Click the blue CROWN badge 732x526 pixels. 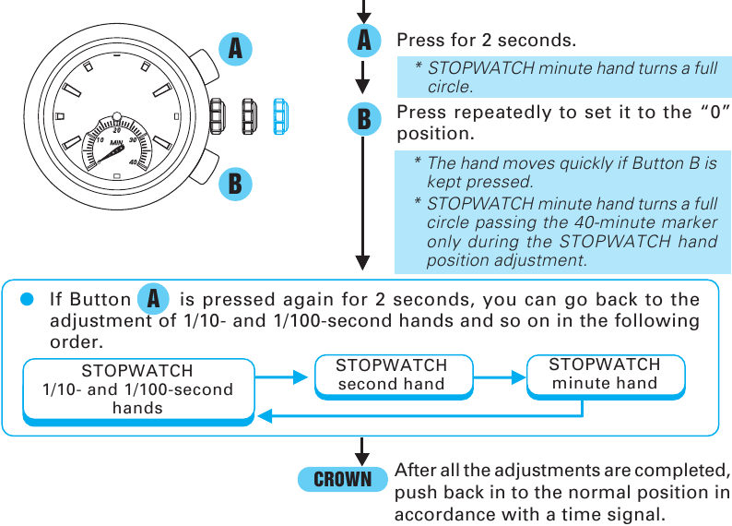click(342, 480)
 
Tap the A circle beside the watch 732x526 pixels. click(236, 48)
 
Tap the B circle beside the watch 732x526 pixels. click(235, 183)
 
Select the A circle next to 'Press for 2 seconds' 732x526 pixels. click(364, 41)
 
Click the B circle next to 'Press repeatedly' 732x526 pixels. click(364, 118)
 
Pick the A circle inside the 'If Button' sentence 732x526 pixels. click(154, 299)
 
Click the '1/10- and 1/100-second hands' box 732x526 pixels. click(137, 389)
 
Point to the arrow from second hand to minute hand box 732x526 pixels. click(499, 377)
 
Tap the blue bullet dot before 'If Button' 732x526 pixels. click(28, 299)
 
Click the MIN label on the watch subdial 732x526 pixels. click(116, 142)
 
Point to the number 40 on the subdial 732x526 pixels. click(135, 162)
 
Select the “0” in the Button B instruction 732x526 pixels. click(710, 113)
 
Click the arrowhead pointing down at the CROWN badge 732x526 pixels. click(363, 458)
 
